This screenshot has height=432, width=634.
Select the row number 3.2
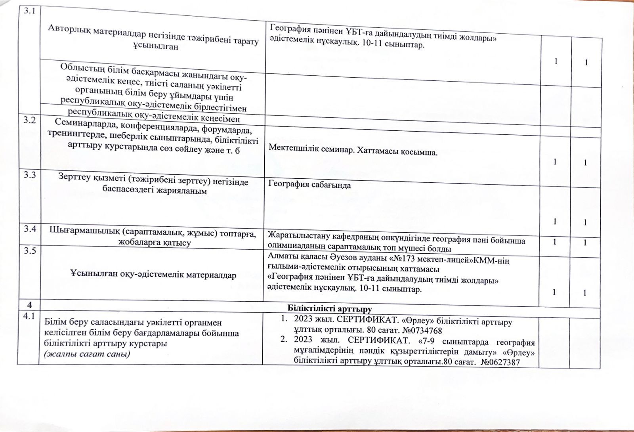28,121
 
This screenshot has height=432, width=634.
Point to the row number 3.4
28,229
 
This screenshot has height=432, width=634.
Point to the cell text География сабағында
309,185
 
